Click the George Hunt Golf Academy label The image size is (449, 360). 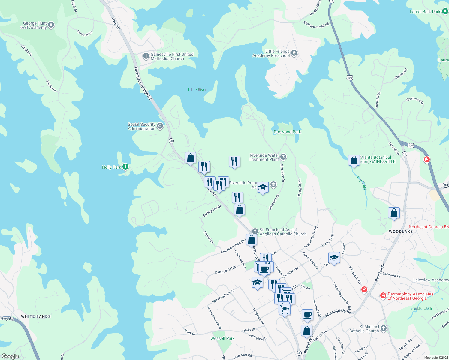pyautogui.click(x=35, y=25)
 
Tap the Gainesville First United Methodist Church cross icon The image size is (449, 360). pyautogui.click(x=146, y=56)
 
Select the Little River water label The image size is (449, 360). pyautogui.click(x=197, y=90)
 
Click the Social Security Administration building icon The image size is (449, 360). pyautogui.click(x=160, y=126)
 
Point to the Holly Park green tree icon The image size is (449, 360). pyautogui.click(x=125, y=166)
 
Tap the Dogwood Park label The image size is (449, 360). pyautogui.click(x=287, y=132)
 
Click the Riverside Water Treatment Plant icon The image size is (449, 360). pyautogui.click(x=283, y=157)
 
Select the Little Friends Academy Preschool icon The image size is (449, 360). pyautogui.click(x=294, y=53)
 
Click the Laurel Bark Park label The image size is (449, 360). pyautogui.click(x=425, y=12)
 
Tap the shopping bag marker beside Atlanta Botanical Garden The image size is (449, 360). pyautogui.click(x=354, y=160)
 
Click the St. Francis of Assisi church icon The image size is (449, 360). pyautogui.click(x=255, y=231)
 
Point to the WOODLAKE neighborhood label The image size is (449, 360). pyautogui.click(x=401, y=232)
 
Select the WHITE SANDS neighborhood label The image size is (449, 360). pyautogui.click(x=36, y=316)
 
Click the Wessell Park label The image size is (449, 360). pyautogui.click(x=222, y=338)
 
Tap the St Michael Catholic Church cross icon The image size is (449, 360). pyautogui.click(x=384, y=328)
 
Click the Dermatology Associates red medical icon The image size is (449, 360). pyautogui.click(x=383, y=296)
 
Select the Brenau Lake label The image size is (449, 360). pyautogui.click(x=421, y=308)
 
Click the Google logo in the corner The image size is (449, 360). pyautogui.click(x=10, y=356)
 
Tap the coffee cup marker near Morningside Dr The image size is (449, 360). pyautogui.click(x=307, y=315)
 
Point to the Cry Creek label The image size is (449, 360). pyautogui.click(x=362, y=183)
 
